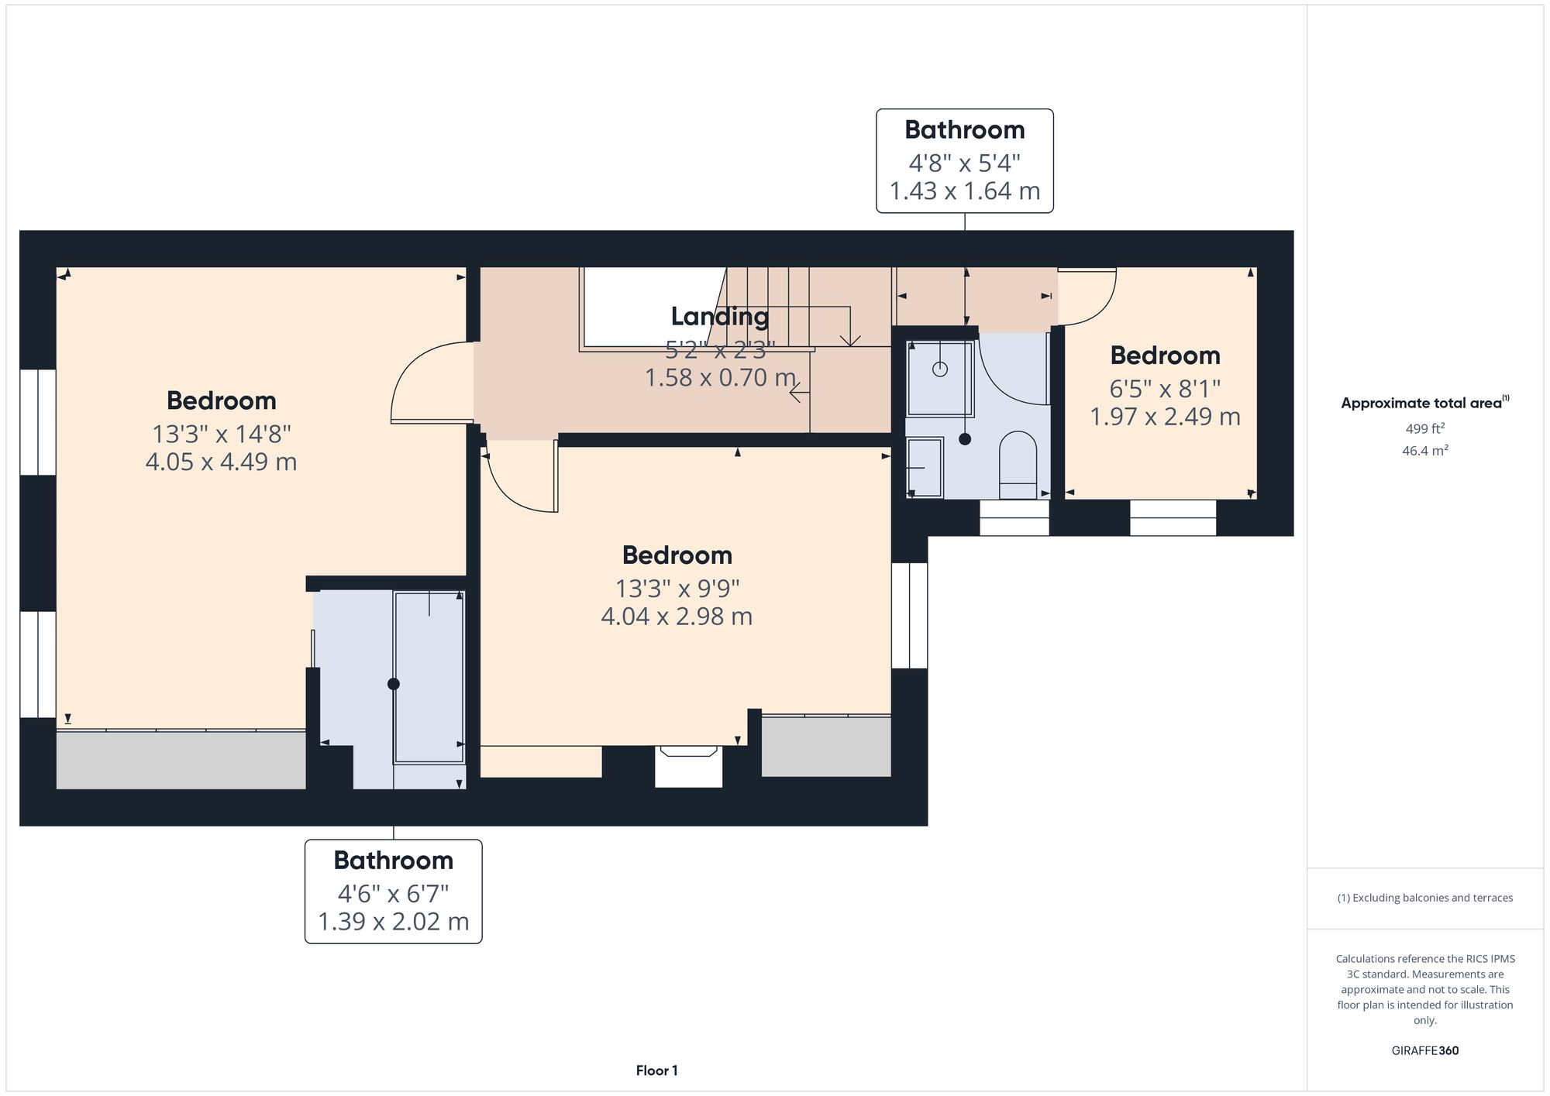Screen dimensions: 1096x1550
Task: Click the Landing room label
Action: click(719, 316)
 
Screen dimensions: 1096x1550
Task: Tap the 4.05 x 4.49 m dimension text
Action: click(221, 462)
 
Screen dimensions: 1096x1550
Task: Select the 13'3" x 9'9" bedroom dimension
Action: click(677, 589)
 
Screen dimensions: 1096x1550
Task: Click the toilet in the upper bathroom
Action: click(1018, 465)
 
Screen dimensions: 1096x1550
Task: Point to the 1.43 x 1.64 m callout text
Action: click(964, 191)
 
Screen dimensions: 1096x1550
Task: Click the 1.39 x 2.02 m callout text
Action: click(393, 922)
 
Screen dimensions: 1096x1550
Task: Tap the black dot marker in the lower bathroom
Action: click(393, 684)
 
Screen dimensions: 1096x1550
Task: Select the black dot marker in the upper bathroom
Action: click(965, 439)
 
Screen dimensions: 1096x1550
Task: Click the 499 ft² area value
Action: click(1424, 428)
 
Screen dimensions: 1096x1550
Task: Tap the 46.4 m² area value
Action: click(1424, 451)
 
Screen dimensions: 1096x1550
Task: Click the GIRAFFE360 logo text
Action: click(1424, 1051)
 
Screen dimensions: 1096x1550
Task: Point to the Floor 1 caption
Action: click(656, 1070)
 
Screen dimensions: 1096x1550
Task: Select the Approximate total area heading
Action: click(1423, 403)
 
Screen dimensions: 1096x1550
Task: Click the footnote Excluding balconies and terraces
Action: click(1424, 898)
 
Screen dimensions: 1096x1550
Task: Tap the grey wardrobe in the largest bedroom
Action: click(181, 760)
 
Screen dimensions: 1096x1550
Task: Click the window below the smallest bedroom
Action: click(1173, 517)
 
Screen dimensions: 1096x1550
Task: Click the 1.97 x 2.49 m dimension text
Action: click(1165, 417)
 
